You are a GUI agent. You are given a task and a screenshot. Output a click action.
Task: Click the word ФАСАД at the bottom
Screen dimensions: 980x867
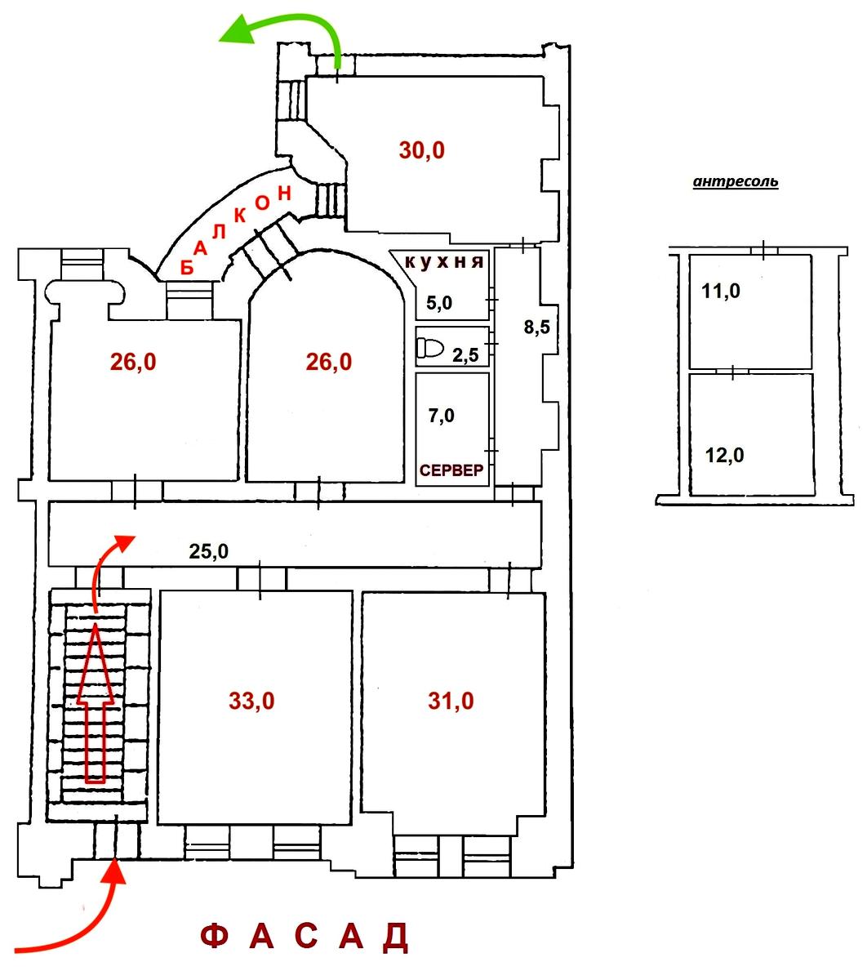pyautogui.click(x=304, y=938)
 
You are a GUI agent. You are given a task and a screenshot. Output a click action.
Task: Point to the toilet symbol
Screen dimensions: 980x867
pyautogui.click(x=429, y=349)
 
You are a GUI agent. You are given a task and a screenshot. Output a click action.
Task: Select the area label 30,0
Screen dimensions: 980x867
pyautogui.click(x=422, y=150)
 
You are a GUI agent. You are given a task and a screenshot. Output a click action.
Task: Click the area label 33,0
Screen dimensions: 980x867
pyautogui.click(x=251, y=701)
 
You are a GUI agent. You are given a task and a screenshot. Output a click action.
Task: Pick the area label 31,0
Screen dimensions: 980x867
pyautogui.click(x=450, y=701)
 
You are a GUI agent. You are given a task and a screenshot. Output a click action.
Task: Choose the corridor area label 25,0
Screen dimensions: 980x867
pyautogui.click(x=208, y=551)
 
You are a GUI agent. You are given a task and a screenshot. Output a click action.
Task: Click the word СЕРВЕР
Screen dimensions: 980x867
pyautogui.click(x=451, y=470)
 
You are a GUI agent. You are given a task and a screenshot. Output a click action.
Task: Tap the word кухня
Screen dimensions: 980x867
pyautogui.click(x=445, y=262)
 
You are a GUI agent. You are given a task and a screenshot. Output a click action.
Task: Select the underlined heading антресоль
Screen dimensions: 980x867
pyautogui.click(x=735, y=182)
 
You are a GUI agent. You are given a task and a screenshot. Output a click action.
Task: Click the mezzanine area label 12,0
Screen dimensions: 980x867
pyautogui.click(x=724, y=455)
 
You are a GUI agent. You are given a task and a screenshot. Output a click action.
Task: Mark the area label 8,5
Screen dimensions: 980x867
pyautogui.click(x=536, y=327)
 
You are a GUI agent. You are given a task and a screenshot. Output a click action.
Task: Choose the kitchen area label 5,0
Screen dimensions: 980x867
pyautogui.click(x=438, y=304)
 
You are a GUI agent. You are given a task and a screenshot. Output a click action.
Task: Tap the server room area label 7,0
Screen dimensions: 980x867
pyautogui.click(x=441, y=416)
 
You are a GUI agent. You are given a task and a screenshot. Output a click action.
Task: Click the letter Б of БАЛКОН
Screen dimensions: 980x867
pyautogui.click(x=185, y=267)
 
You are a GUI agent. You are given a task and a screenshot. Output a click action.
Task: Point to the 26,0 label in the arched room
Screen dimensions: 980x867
pyautogui.click(x=329, y=362)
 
